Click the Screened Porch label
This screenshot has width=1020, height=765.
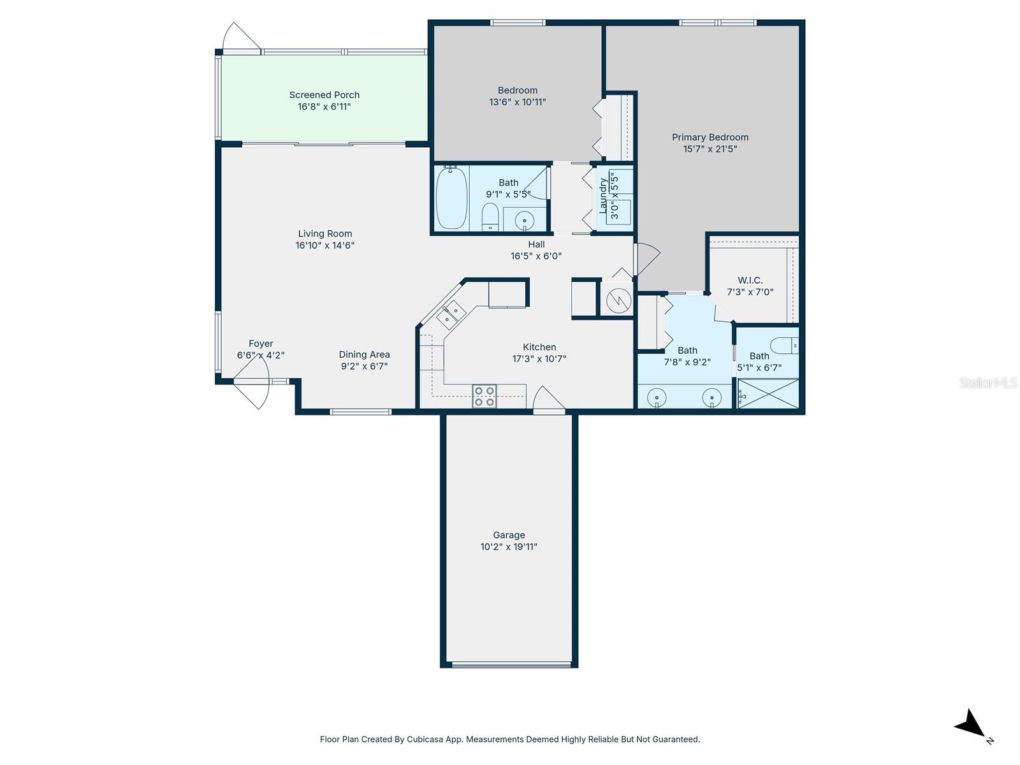pyautogui.click(x=324, y=95)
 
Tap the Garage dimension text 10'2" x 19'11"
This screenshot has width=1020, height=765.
pyautogui.click(x=509, y=547)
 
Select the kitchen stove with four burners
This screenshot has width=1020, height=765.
pyautogui.click(x=484, y=396)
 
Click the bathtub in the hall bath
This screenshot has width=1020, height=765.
pyautogui.click(x=452, y=198)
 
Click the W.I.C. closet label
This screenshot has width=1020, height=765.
pyautogui.click(x=750, y=280)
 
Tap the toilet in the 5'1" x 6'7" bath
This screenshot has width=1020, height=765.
pyautogui.click(x=785, y=346)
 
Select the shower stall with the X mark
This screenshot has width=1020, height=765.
pyautogui.click(x=769, y=393)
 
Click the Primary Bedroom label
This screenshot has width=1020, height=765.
pyautogui.click(x=710, y=137)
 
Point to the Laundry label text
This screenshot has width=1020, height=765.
pyautogui.click(x=603, y=194)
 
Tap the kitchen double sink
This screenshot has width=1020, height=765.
pyautogui.click(x=453, y=313)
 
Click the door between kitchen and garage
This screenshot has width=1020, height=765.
pyautogui.click(x=549, y=402)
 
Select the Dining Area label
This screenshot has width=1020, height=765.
pyautogui.click(x=364, y=354)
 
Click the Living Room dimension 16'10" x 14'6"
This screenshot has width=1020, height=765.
pyautogui.click(x=324, y=245)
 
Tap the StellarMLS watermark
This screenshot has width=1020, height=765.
pyautogui.click(x=988, y=382)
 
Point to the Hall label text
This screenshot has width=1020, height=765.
pyautogui.click(x=536, y=244)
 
